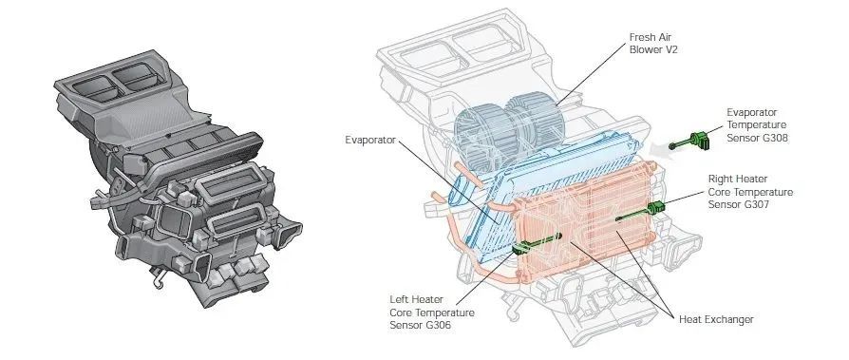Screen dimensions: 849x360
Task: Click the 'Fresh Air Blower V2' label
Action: tap(653, 44)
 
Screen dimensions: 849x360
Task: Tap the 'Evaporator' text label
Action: tap(370, 141)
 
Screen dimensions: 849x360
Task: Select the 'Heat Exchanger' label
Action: tap(716, 319)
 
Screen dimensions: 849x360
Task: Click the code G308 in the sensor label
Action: tap(773, 138)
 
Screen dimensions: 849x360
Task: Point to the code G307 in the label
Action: tap(755, 204)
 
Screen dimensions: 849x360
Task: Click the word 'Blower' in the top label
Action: tap(644, 49)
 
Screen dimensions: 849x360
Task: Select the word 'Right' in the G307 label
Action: tap(723, 179)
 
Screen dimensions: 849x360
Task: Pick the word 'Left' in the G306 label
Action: tap(400, 299)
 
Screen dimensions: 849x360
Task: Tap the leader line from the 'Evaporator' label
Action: tap(450, 181)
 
